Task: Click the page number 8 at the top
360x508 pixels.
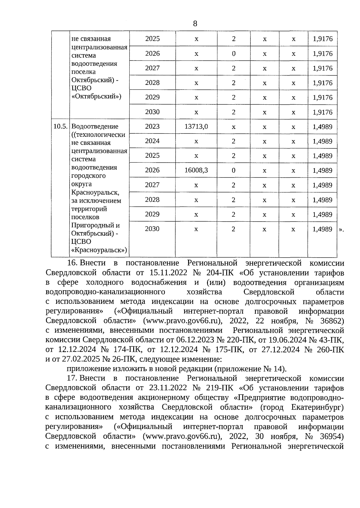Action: [x=195, y=24]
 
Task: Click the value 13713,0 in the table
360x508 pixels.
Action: [x=196, y=127]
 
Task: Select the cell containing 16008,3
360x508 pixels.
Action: [x=196, y=170]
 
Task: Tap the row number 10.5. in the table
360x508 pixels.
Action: [x=60, y=126]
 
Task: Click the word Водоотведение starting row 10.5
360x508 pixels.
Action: [x=95, y=126]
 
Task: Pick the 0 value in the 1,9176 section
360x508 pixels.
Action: [x=233, y=54]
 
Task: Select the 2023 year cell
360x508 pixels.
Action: [x=152, y=126]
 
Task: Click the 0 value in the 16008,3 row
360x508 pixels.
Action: [x=233, y=170]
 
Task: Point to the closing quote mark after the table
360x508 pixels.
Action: [x=341, y=229]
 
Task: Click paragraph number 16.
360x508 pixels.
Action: [x=73, y=263]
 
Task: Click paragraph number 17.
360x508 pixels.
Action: [x=73, y=378]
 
